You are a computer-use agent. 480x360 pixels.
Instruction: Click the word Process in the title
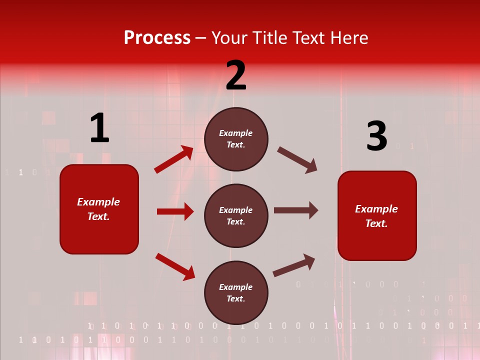click(x=157, y=38)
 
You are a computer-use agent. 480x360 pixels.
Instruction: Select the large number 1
click(x=99, y=128)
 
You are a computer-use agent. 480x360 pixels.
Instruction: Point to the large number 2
click(x=236, y=76)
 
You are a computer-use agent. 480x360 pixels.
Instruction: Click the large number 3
click(x=376, y=136)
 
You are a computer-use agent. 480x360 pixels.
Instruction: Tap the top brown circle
click(x=236, y=139)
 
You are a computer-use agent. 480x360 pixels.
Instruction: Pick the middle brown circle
click(x=236, y=215)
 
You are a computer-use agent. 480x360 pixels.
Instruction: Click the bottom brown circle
click(x=236, y=292)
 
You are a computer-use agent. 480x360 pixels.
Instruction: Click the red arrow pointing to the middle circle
click(x=175, y=211)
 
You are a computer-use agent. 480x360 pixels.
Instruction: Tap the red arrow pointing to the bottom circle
click(x=175, y=266)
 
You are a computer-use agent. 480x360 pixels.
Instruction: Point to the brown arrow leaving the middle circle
click(x=296, y=210)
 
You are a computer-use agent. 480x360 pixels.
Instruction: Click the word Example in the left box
click(x=98, y=202)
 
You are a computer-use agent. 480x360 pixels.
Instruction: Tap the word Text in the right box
click(x=376, y=223)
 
